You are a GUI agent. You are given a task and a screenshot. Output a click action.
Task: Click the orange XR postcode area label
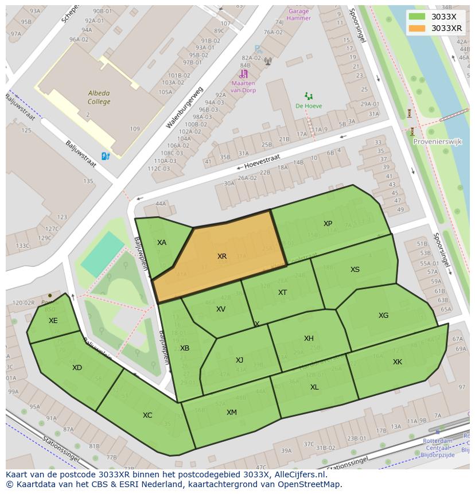point(222,256)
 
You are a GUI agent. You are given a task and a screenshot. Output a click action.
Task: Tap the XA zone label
point(162,243)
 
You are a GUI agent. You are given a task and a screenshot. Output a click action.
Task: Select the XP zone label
point(328,224)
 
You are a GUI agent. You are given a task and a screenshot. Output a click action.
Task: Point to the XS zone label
point(355,270)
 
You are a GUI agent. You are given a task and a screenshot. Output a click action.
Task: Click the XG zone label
point(383,316)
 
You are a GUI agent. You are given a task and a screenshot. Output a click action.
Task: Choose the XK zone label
point(398,362)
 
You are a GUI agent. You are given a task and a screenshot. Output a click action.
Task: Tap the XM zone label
point(231,413)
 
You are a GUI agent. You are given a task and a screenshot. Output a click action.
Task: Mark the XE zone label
point(53,321)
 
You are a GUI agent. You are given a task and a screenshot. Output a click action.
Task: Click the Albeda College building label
point(99,98)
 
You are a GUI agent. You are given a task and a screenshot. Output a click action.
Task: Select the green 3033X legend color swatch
point(417,17)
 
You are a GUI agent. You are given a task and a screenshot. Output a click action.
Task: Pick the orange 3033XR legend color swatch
point(417,28)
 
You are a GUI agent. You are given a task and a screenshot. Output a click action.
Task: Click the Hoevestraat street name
point(262,161)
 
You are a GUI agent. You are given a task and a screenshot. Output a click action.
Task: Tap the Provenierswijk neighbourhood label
point(437,142)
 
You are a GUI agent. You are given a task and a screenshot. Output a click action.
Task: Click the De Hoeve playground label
point(309,106)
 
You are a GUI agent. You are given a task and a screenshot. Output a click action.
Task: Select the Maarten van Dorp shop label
point(243,87)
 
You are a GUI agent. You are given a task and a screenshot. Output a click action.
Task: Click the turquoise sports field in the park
point(102,255)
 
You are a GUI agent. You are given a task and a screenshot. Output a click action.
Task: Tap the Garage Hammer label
point(298,14)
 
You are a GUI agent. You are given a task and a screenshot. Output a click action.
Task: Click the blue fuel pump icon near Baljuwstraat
point(106,156)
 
